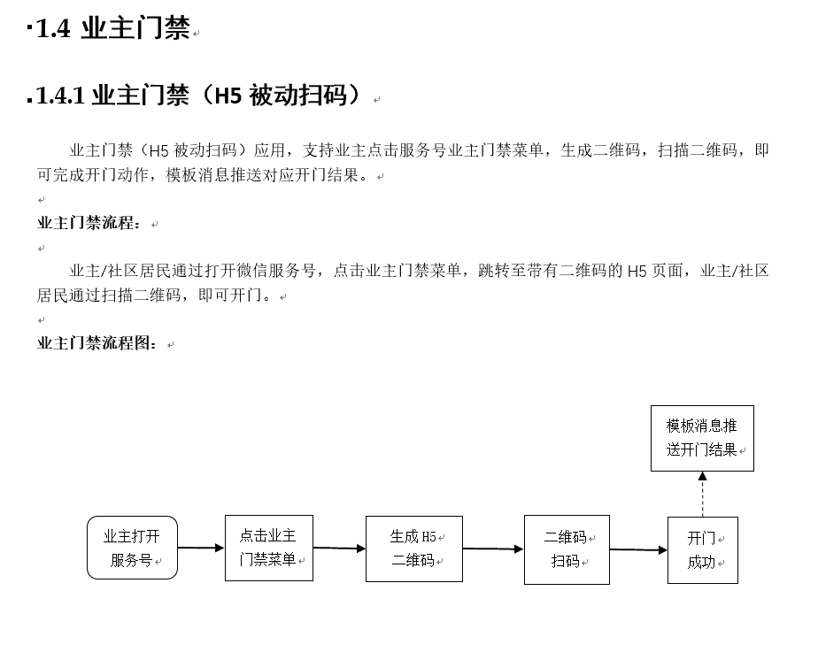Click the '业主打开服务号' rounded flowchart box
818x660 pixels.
(x=132, y=548)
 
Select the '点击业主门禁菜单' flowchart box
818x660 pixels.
(x=268, y=548)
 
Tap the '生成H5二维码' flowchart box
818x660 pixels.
(x=414, y=549)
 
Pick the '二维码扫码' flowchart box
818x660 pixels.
(x=567, y=549)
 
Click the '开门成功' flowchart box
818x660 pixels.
(x=703, y=550)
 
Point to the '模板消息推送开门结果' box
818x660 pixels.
(x=702, y=438)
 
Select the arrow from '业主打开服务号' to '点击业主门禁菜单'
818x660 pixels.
(x=201, y=548)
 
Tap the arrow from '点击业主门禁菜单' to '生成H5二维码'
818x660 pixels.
(x=340, y=548)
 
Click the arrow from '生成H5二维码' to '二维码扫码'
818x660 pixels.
(x=493, y=549)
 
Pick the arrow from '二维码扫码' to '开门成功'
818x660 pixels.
(x=638, y=549)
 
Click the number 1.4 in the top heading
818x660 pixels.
(x=53, y=28)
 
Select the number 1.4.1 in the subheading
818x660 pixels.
(x=60, y=96)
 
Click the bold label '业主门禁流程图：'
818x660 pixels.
(x=97, y=343)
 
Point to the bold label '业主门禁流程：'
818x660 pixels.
(x=89, y=223)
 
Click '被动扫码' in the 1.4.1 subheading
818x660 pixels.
(x=297, y=96)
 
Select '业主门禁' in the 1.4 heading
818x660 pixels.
(x=135, y=28)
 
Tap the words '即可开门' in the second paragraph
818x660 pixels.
(x=230, y=295)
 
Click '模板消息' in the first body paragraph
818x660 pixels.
(x=197, y=174)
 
